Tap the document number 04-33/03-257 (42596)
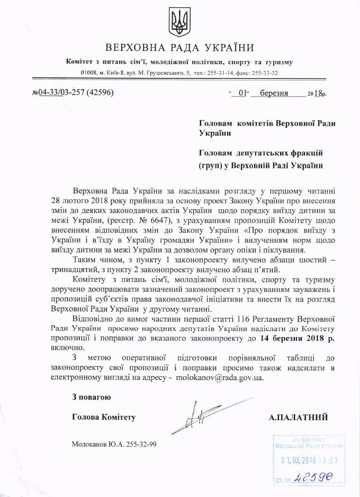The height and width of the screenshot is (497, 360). [x=76, y=93]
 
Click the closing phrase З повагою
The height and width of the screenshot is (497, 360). [x=92, y=397]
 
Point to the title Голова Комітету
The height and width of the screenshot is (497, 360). [x=104, y=417]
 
